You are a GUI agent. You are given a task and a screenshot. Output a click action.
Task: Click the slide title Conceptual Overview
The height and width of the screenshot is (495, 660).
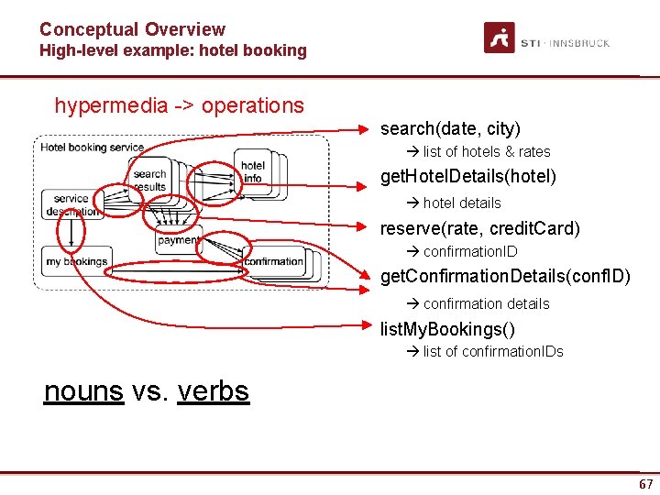coord(132,29)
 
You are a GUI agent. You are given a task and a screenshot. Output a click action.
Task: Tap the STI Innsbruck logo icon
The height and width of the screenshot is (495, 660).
coord(500,38)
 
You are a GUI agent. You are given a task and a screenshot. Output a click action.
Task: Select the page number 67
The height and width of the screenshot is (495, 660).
coord(646,484)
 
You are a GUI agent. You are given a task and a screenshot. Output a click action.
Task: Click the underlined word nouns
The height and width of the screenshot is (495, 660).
coord(83,391)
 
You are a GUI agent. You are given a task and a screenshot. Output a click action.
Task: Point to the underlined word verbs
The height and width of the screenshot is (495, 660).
coord(214,391)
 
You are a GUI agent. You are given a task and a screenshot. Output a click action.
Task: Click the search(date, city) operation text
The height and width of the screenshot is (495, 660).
coord(450,128)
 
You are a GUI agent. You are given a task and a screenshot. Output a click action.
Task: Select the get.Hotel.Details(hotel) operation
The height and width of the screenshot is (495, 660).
coord(467,176)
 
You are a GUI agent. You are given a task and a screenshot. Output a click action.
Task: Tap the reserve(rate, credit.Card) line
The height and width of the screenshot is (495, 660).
coord(480,228)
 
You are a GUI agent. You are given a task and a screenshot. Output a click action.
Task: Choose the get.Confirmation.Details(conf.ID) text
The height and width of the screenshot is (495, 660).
coord(505,276)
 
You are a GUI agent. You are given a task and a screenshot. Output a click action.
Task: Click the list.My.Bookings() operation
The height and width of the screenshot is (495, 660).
coord(447,329)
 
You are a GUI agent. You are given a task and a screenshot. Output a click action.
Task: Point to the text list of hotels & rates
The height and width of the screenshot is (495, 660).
coord(486,152)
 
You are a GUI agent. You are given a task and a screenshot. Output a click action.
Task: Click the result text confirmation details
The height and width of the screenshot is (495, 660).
coord(486,303)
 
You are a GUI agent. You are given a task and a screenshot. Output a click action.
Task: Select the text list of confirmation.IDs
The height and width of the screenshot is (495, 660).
coord(492,351)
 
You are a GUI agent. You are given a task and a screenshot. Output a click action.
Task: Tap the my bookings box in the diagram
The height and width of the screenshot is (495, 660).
coord(76,261)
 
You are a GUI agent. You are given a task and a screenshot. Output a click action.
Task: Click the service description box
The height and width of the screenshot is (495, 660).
coord(71,205)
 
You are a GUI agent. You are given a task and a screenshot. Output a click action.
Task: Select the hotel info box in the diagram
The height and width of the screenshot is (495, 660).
coord(253,171)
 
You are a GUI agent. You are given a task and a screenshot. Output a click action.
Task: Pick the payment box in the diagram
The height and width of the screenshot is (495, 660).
coord(178,240)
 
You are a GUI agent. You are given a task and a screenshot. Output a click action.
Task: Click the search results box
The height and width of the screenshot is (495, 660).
coord(149,180)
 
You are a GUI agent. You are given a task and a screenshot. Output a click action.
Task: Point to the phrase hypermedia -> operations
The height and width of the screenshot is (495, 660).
coord(179,105)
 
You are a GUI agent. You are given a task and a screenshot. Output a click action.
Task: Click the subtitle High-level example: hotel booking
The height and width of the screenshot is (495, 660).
coord(172,51)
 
